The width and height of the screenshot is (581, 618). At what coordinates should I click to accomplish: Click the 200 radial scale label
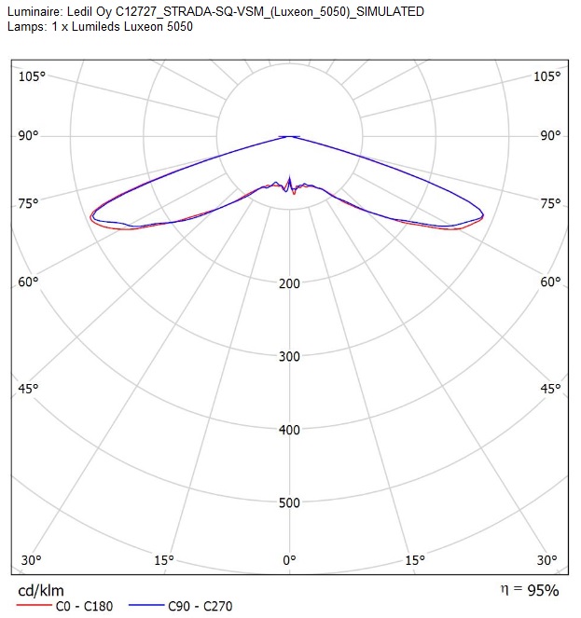tap(289, 283)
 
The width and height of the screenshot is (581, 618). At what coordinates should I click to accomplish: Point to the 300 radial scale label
tap(289, 356)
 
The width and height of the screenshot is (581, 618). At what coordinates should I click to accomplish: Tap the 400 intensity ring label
tap(289, 430)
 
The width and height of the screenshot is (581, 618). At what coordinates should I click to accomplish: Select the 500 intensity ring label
tap(289, 503)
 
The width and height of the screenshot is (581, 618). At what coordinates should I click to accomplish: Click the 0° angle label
tap(289, 560)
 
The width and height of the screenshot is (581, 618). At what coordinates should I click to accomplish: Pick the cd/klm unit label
tap(41, 590)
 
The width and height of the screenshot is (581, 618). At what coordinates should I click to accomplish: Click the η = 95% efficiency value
tap(530, 590)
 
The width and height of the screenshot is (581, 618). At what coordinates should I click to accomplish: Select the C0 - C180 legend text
tap(85, 606)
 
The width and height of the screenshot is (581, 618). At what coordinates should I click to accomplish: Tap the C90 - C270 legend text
tap(201, 606)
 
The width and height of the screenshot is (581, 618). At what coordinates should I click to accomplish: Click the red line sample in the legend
tap(35, 605)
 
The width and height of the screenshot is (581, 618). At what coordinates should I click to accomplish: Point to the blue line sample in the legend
tap(146, 605)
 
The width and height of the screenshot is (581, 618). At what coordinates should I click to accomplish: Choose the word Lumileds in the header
tap(96, 27)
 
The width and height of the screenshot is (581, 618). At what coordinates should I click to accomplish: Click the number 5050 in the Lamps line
tap(180, 27)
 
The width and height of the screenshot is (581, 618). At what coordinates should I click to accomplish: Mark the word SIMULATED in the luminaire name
tap(390, 12)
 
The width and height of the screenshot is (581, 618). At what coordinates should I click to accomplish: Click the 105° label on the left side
tap(32, 76)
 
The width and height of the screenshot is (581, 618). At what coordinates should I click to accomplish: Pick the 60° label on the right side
tap(550, 282)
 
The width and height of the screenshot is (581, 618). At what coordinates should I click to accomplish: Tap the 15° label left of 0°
tap(164, 560)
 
